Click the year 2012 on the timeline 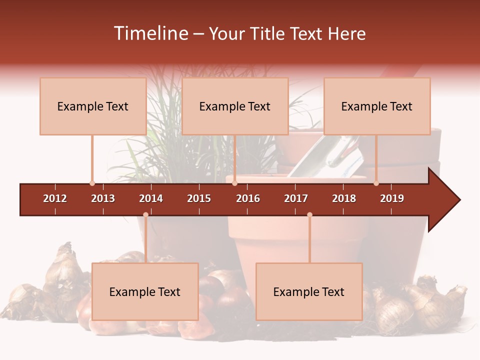[55, 198]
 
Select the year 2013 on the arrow [103, 198]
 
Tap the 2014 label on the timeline [151, 198]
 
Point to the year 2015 [199, 198]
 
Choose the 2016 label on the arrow [248, 198]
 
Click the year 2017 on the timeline [296, 198]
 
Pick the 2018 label [344, 198]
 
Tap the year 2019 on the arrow [392, 198]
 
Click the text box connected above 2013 [93, 106]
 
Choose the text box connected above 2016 [235, 106]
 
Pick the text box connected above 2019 [377, 106]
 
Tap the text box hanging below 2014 [145, 291]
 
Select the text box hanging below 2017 [309, 291]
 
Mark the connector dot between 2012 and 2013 [92, 183]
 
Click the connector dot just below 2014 [145, 215]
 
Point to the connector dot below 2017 [309, 215]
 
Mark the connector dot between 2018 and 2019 [376, 183]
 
